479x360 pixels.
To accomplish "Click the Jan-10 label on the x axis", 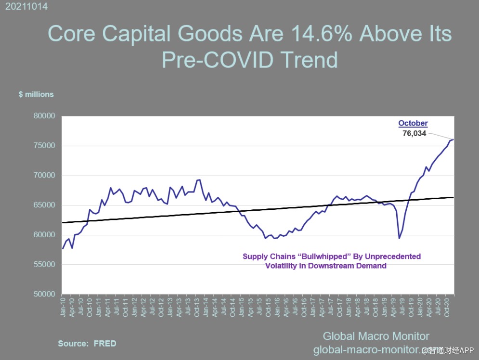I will pyautogui.click(x=63, y=305).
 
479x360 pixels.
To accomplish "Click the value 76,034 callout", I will pyautogui.click(x=414, y=133).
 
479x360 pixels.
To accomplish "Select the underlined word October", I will pyautogui.click(x=413, y=123).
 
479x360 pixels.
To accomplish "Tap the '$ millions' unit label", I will pyautogui.click(x=36, y=94).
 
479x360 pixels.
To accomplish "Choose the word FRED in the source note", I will pyautogui.click(x=105, y=343).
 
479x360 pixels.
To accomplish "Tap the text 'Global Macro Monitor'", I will pyautogui.click(x=375, y=336).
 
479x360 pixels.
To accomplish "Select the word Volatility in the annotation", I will pyautogui.click(x=283, y=266).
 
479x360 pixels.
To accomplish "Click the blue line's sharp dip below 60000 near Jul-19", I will pyautogui.click(x=399, y=238).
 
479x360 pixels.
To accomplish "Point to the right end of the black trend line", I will pyautogui.click(x=453, y=197).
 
